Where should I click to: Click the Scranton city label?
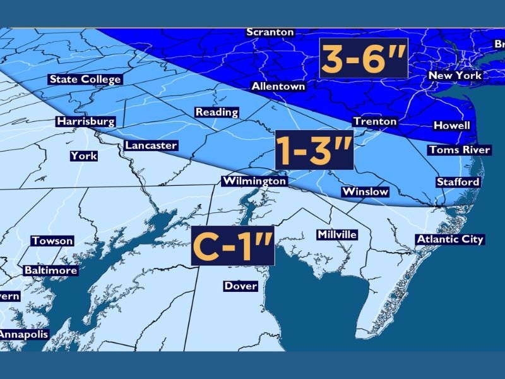click(x=270, y=32)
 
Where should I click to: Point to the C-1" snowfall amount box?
click(x=232, y=246)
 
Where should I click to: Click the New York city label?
click(x=455, y=75)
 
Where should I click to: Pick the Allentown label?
click(x=278, y=86)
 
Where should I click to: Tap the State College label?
click(x=85, y=80)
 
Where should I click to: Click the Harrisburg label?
click(x=85, y=121)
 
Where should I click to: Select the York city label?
click(x=83, y=155)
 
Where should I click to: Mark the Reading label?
click(x=217, y=112)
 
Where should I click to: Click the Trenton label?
click(x=375, y=121)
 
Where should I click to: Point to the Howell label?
click(x=452, y=126)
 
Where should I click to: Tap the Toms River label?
click(x=459, y=150)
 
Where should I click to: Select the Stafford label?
click(x=458, y=182)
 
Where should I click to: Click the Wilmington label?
click(x=254, y=181)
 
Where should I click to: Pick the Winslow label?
click(x=365, y=191)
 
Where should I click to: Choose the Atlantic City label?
click(x=449, y=239)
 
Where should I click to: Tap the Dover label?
click(x=241, y=286)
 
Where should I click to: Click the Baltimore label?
click(x=50, y=270)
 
